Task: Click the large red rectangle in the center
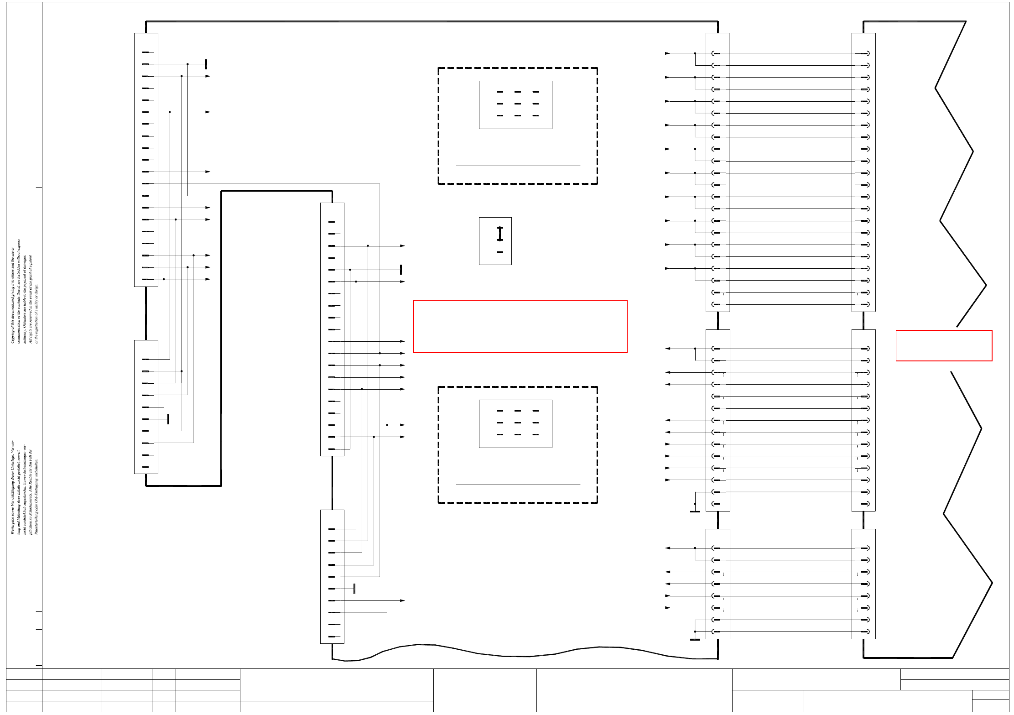click(x=520, y=326)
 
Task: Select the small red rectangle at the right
click(x=944, y=345)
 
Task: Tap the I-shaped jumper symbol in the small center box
click(x=499, y=234)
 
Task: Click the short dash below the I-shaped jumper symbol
click(x=499, y=252)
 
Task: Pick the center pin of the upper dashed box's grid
click(x=517, y=104)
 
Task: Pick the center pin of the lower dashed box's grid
click(x=517, y=423)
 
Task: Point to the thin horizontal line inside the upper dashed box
click(x=518, y=166)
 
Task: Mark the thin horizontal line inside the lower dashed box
click(x=518, y=485)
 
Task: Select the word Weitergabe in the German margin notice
click(x=13, y=525)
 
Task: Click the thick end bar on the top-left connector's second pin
click(x=206, y=64)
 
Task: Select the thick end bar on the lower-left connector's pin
click(x=168, y=419)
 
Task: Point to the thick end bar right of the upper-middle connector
click(x=400, y=270)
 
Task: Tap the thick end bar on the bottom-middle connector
click(x=354, y=589)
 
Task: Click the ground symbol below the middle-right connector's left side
click(x=695, y=511)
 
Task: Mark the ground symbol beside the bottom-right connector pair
click(x=695, y=639)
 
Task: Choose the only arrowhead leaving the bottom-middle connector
click(x=402, y=600)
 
